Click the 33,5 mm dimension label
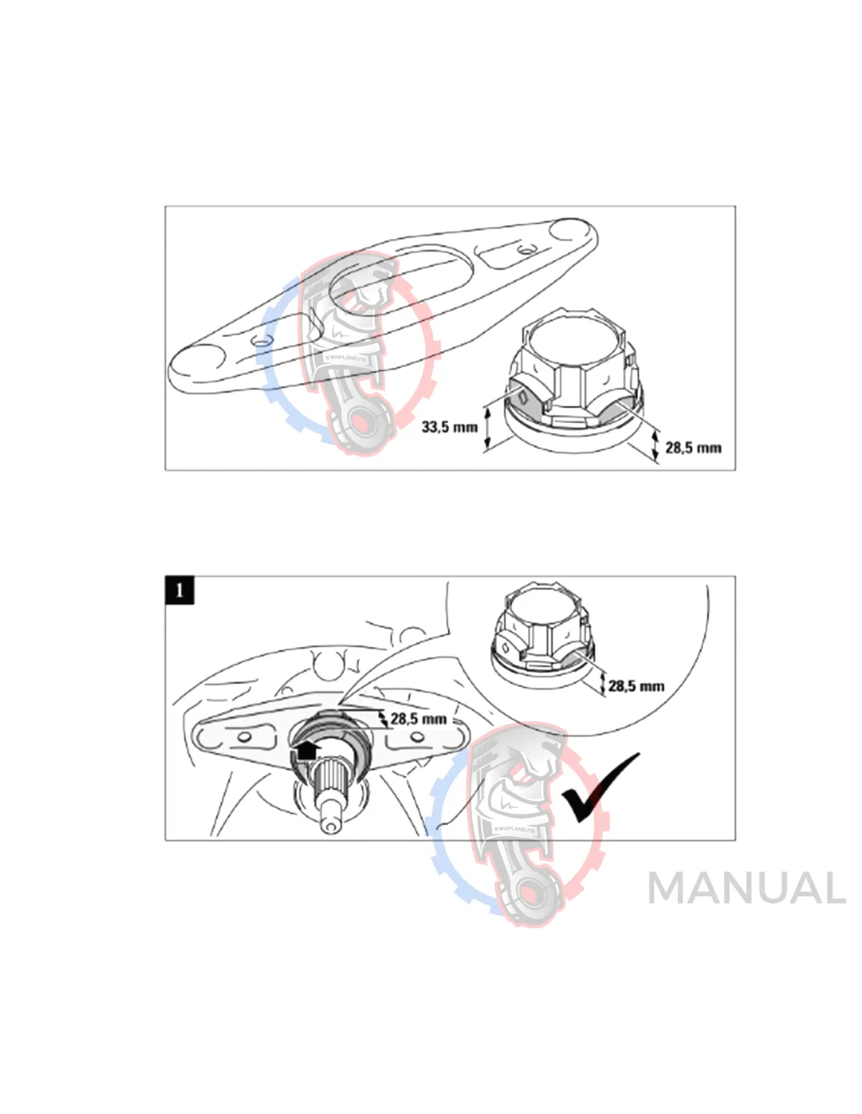coord(449,427)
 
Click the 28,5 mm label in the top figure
coord(693,448)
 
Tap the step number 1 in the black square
coord(179,590)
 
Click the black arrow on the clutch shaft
coord(306,751)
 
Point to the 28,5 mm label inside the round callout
coord(636,686)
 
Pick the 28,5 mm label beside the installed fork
coord(418,719)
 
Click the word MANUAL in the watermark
coord(746,888)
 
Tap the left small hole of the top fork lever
coord(261,341)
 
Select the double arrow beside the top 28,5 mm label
coord(656,446)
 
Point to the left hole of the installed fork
coord(244,738)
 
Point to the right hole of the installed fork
coord(417,737)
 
